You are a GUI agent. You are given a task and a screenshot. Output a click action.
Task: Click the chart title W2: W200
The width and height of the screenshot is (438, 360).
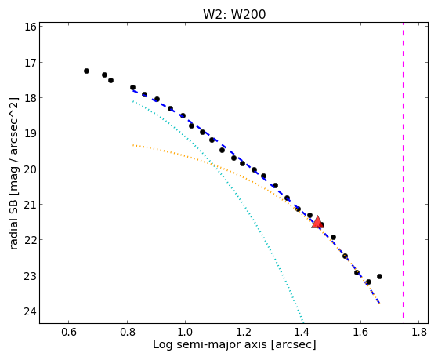234,14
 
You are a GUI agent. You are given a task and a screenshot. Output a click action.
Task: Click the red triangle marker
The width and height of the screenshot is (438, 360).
317,222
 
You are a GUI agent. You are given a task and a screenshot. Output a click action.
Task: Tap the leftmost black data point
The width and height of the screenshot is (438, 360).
87,71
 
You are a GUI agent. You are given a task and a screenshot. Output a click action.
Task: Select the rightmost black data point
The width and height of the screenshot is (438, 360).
379,276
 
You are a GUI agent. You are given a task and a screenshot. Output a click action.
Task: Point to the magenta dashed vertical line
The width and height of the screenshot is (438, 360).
403,170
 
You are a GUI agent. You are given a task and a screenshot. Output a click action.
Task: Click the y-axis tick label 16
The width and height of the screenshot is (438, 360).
31,27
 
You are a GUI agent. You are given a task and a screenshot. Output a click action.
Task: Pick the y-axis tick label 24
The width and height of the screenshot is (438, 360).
31,311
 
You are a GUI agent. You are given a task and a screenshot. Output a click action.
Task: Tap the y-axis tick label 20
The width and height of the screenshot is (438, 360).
31,169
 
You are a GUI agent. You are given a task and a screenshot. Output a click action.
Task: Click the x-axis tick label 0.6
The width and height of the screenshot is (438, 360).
69,332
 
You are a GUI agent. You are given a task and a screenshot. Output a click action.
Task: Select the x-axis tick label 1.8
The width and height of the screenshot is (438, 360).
419,332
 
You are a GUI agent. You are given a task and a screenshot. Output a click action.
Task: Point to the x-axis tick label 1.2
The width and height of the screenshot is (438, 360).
244,332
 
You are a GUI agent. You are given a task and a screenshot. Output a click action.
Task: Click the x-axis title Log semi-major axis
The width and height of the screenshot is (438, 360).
210,344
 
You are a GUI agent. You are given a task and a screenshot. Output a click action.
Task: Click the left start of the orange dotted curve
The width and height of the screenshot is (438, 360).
133,145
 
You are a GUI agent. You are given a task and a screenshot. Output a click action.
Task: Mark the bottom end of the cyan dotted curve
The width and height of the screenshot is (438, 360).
302,318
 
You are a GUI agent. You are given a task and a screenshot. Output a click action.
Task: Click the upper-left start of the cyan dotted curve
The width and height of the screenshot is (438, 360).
133,101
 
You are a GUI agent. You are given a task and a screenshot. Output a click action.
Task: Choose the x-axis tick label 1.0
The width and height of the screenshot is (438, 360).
186,332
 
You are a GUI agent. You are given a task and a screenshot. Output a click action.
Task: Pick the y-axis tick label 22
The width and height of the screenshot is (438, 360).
31,240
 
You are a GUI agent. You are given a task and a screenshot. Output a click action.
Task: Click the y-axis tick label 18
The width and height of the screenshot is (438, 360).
31,98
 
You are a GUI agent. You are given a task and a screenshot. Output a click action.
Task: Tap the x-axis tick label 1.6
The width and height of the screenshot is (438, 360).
360,332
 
